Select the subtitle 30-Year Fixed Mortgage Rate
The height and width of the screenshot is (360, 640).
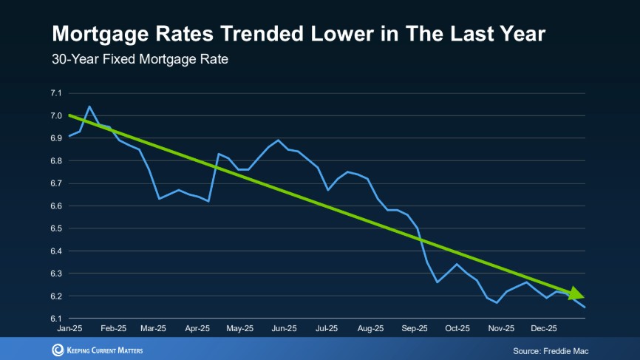coord(140,59)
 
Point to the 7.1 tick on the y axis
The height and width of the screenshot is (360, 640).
coord(56,93)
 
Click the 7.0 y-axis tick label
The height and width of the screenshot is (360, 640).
coord(56,116)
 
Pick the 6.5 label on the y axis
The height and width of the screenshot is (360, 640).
coord(56,228)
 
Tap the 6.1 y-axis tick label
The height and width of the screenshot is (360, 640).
coord(56,319)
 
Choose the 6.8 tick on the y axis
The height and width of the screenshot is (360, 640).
coord(56,161)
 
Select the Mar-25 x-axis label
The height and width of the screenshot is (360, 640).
coord(154,328)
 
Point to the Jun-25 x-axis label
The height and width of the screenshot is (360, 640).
coord(284,328)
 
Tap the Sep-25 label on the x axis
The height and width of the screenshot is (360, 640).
coord(415,328)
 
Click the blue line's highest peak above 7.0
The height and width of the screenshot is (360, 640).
coord(89,106)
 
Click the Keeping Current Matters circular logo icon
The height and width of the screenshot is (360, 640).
coord(58,350)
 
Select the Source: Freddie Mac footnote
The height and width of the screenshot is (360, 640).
coord(550,350)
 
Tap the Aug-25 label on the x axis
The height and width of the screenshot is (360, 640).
coord(371,328)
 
